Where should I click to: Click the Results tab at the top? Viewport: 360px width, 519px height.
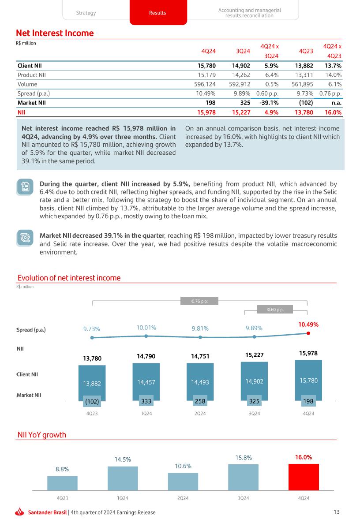157,13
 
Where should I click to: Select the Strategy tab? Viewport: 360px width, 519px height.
86,13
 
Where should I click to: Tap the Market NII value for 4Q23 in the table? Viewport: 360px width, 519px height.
305,103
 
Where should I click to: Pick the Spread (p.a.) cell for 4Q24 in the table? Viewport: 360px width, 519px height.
206,93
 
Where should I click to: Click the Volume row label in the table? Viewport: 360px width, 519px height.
27,84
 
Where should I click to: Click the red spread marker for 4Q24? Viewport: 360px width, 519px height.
308,333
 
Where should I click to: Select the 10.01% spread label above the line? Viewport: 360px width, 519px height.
146,328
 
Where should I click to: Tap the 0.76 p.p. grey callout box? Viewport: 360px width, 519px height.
199,302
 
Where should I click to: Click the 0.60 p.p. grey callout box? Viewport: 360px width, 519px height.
275,310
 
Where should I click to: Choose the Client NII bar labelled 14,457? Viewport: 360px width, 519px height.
146,382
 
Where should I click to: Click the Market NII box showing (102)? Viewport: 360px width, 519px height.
92,401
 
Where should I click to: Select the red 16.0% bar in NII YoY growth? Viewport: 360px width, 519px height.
303,477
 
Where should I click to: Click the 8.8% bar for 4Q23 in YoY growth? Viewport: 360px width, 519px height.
62,483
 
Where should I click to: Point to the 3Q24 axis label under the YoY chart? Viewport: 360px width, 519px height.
243,498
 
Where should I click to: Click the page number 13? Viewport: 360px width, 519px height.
337,512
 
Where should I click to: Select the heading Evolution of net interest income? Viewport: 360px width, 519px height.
69,278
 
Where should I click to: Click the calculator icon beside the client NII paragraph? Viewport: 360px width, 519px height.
25,187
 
